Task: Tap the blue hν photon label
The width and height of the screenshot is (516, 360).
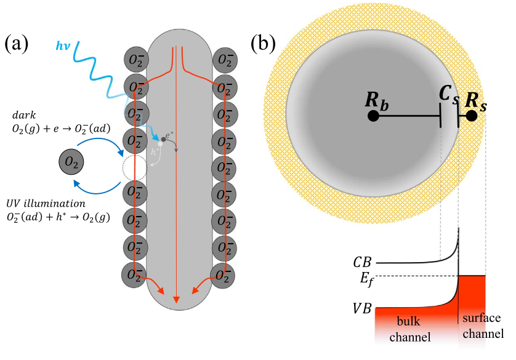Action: pos(63,46)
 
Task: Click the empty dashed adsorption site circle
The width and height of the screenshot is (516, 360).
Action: pos(135,166)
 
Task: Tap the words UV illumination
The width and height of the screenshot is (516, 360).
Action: pos(49,203)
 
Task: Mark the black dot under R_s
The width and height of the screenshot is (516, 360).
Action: pos(472,115)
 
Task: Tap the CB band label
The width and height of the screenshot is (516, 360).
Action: pos(363,262)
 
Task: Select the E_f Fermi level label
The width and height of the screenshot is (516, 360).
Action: pos(365,280)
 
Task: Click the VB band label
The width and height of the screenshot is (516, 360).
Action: pos(362,308)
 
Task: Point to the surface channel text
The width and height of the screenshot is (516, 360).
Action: pos(484,326)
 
